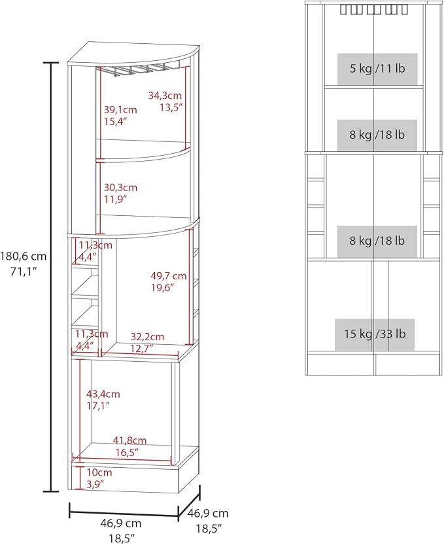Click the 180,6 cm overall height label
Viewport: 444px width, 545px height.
click(23, 256)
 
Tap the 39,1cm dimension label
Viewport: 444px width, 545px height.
click(120, 110)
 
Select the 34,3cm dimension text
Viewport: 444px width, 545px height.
click(165, 96)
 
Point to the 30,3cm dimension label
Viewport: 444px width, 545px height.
click(120, 188)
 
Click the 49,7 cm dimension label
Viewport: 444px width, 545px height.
click(169, 276)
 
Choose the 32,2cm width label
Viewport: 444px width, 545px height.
click(147, 336)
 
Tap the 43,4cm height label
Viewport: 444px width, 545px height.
click(103, 394)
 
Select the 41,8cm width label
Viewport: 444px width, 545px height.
click(129, 440)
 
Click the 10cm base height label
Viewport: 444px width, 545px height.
click(99, 472)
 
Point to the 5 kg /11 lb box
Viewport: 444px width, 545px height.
click(377, 69)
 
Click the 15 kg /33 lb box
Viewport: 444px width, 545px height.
click(375, 334)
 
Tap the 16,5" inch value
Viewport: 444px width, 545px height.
click(127, 452)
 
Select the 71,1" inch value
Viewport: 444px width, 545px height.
click(24, 272)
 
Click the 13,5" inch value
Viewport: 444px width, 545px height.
click(171, 107)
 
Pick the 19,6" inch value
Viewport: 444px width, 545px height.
click(163, 288)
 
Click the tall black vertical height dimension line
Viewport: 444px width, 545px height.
click(51, 277)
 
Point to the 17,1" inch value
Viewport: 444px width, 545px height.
click(98, 406)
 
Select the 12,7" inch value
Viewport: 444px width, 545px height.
click(142, 348)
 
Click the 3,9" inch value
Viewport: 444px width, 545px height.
click(95, 484)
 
